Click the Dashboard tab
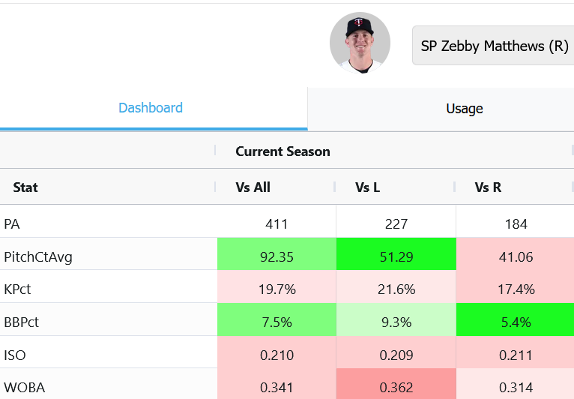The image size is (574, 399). click(x=151, y=108)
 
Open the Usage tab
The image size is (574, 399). click(x=464, y=109)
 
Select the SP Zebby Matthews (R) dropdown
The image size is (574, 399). click(x=495, y=46)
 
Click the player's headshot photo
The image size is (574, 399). click(x=360, y=43)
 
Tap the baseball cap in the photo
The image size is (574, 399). click(x=359, y=26)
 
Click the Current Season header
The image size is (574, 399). click(x=283, y=151)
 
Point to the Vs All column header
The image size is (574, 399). click(x=253, y=187)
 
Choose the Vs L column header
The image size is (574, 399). click(x=367, y=187)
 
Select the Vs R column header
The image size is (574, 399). click(x=488, y=187)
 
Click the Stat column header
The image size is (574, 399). click(x=25, y=187)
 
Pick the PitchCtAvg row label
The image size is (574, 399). click(x=38, y=257)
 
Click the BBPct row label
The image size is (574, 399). click(x=21, y=322)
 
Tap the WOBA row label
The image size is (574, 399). click(x=24, y=388)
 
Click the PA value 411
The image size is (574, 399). click(x=277, y=223)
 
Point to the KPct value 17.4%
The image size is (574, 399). click(x=516, y=289)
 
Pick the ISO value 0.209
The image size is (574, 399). click(x=396, y=355)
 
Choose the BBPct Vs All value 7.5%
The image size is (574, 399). click(x=277, y=322)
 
